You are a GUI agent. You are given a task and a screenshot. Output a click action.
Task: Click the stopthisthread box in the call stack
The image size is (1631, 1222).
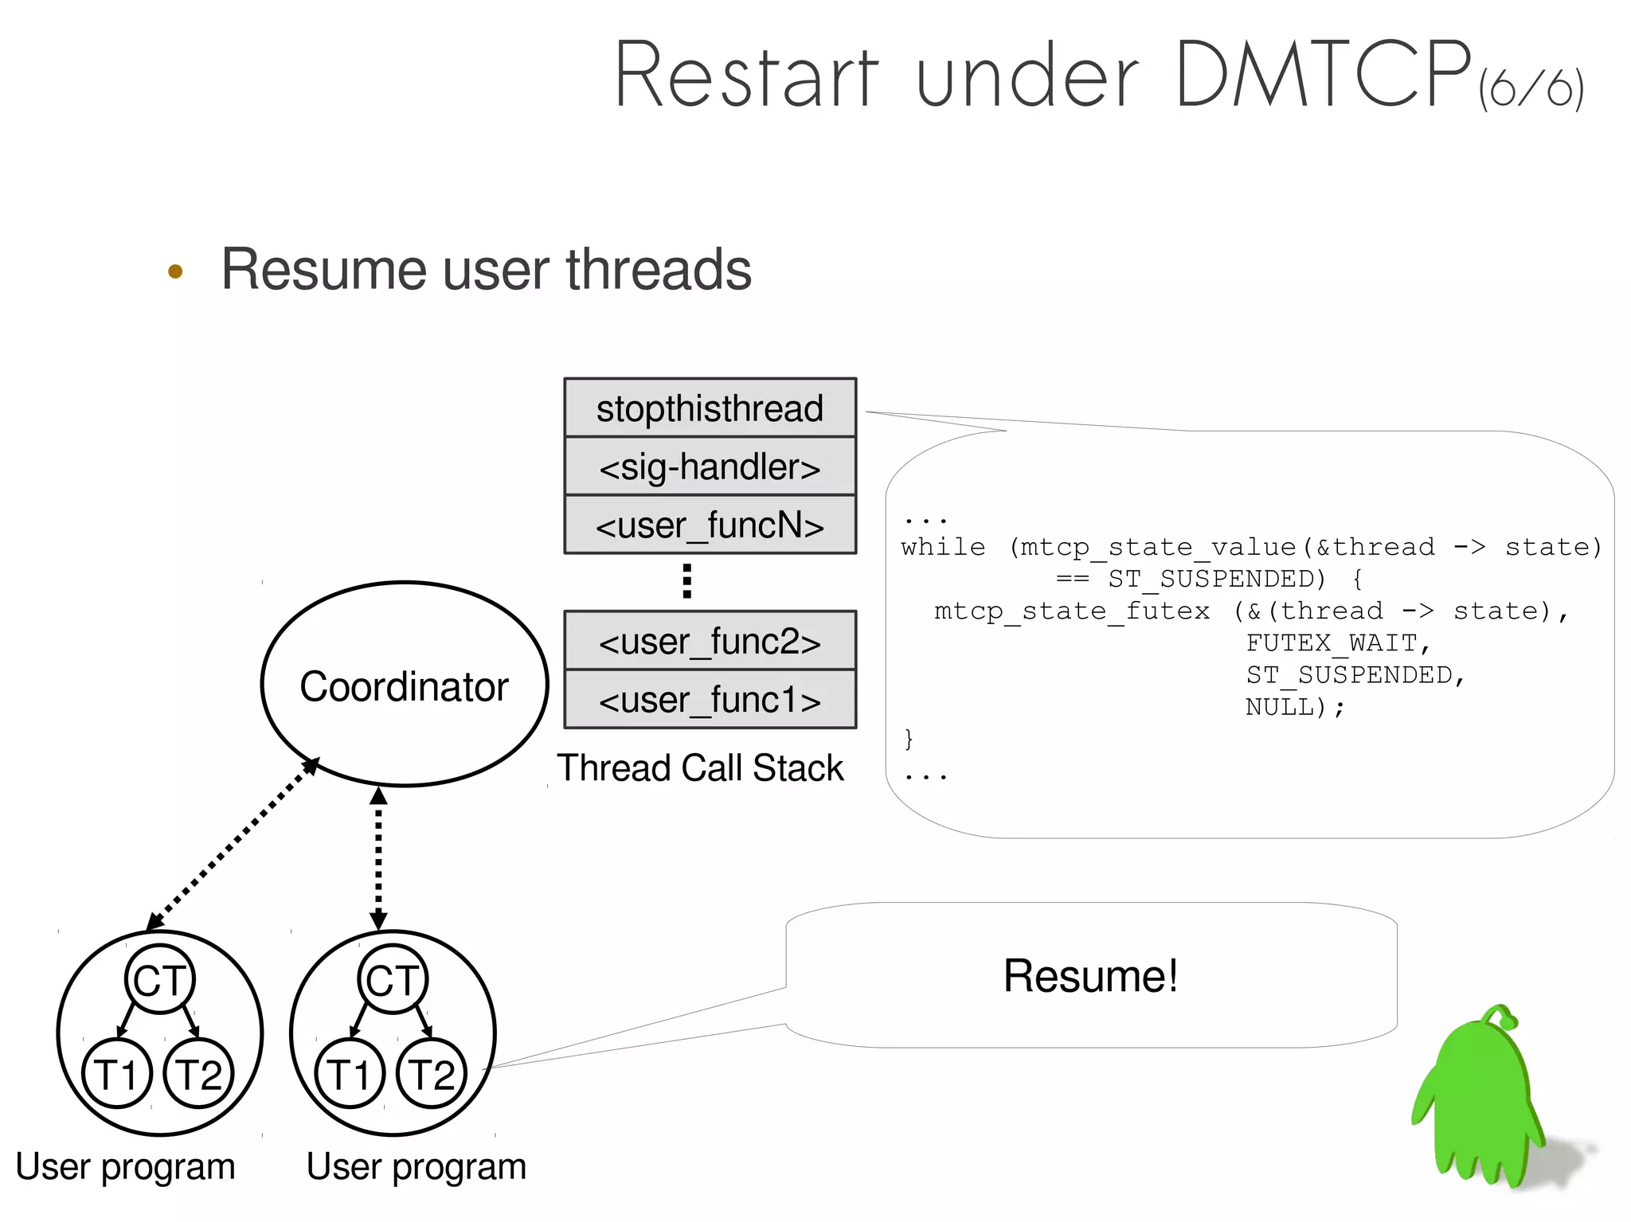710,408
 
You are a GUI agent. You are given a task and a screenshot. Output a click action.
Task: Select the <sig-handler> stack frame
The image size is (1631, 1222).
710,467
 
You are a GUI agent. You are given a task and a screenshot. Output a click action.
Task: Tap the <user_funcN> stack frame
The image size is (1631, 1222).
710,525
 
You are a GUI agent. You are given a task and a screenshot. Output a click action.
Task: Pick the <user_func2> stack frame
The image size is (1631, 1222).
710,641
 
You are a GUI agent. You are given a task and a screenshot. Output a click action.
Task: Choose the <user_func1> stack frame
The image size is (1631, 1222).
710,700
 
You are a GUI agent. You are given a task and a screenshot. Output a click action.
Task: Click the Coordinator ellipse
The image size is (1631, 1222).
405,685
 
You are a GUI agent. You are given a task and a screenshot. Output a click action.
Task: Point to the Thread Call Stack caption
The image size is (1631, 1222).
700,768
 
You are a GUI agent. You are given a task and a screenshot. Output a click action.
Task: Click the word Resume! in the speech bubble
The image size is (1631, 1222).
1090,976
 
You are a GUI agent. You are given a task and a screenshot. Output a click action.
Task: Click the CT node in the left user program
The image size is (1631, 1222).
159,979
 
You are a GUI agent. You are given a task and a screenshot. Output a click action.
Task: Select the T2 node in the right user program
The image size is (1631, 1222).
431,1074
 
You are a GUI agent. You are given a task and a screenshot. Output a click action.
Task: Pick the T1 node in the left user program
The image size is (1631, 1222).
116,1074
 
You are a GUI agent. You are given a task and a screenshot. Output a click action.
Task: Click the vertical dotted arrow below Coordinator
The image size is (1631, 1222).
378,858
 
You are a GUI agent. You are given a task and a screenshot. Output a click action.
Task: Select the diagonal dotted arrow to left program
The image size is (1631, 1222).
233,845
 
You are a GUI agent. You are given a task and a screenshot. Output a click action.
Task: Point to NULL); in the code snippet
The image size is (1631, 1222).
1294,706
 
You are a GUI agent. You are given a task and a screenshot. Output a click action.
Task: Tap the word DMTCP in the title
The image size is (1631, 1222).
1322,76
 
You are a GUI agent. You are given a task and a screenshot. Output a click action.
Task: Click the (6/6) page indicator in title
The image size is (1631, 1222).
1531,88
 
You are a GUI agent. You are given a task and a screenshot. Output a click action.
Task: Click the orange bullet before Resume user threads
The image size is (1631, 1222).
175,271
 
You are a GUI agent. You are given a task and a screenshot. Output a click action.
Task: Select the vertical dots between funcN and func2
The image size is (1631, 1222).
686,581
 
